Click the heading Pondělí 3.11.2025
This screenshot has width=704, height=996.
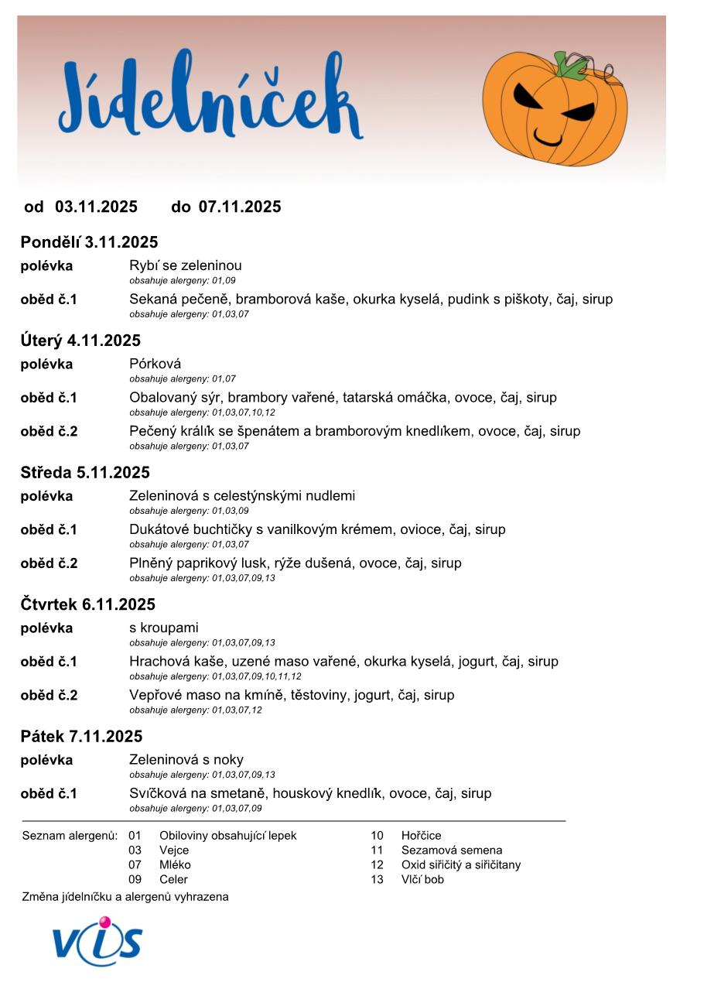click(x=89, y=242)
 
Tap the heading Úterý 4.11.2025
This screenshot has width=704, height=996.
click(x=80, y=341)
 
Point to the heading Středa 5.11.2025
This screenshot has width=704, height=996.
click(x=85, y=472)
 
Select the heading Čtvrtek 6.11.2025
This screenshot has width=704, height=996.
click(x=87, y=604)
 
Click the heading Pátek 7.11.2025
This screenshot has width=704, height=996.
click(x=81, y=736)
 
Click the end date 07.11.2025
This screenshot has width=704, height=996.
click(x=240, y=207)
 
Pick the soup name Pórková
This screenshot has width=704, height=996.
click(x=155, y=364)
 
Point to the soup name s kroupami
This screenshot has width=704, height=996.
click(x=164, y=628)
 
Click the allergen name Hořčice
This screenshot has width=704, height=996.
click(x=421, y=836)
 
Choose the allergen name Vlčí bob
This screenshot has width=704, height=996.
click(x=422, y=879)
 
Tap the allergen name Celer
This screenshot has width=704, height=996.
click(x=173, y=879)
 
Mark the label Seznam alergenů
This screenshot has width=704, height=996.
click(x=70, y=836)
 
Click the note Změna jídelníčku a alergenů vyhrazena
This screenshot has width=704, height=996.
click(x=125, y=897)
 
